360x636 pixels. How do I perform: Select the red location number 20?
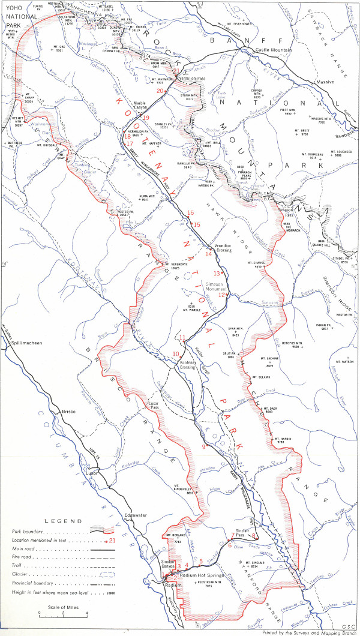[x=160, y=91]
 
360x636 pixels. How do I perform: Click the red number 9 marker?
[x=203, y=446]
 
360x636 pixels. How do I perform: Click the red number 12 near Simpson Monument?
[x=221, y=295]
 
